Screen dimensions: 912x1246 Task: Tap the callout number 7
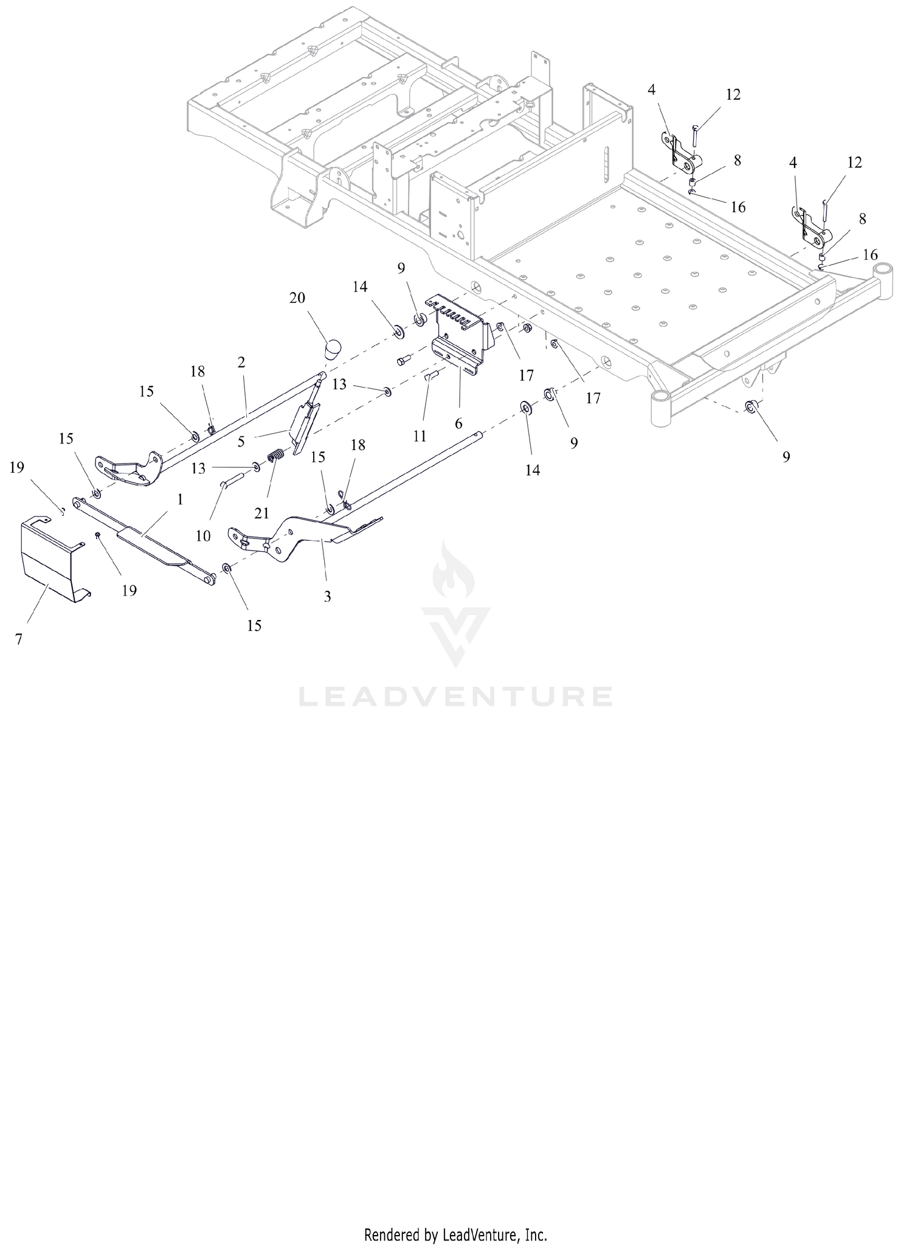click(19, 640)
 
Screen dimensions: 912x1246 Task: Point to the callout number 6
click(458, 422)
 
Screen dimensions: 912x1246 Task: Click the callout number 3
click(327, 597)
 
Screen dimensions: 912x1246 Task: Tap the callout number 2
click(241, 363)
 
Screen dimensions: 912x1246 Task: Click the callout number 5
click(241, 442)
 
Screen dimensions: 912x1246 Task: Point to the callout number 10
click(203, 536)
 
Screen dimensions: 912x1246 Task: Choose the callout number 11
click(420, 436)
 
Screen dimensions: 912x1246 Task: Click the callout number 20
click(297, 298)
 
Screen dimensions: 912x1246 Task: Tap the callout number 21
click(261, 513)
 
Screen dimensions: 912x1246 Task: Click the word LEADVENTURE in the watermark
click(455, 697)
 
